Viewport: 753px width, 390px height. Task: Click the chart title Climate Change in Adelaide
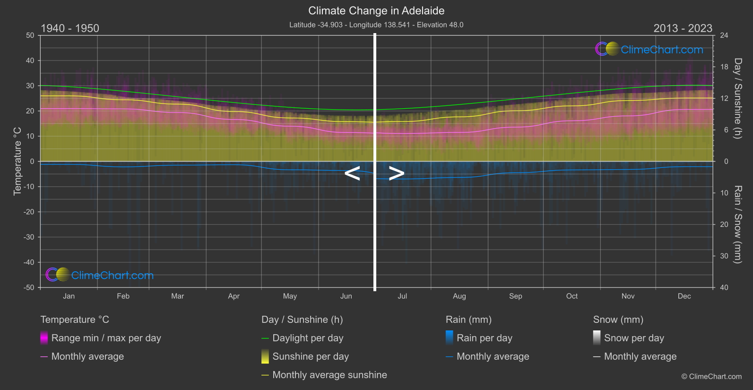pyautogui.click(x=376, y=10)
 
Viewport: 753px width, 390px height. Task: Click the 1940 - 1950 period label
pyautogui.click(x=70, y=28)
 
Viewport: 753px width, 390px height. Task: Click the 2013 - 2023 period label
pyautogui.click(x=683, y=28)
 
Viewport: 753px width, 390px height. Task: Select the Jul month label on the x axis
pyautogui.click(x=402, y=296)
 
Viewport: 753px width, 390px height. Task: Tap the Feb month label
pyautogui.click(x=123, y=296)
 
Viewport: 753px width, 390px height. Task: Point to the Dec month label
pyautogui.click(x=684, y=296)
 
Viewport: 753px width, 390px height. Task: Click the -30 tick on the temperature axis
pyautogui.click(x=29, y=237)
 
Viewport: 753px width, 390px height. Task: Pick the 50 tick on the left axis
pyautogui.click(x=30, y=35)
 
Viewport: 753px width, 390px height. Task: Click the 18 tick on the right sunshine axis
pyautogui.click(x=724, y=67)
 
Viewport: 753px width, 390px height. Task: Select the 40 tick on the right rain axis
pyautogui.click(x=724, y=287)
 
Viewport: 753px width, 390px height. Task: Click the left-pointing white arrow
pyautogui.click(x=352, y=173)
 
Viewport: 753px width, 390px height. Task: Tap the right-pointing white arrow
pyautogui.click(x=397, y=173)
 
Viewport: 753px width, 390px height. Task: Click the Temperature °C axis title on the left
pyautogui.click(x=17, y=161)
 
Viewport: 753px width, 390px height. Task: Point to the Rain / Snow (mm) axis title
pyautogui.click(x=737, y=224)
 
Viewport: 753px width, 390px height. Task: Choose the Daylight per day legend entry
pyautogui.click(x=308, y=338)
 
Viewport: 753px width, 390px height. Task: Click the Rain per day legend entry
pyautogui.click(x=484, y=338)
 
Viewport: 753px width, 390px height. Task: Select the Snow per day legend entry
pyautogui.click(x=633, y=338)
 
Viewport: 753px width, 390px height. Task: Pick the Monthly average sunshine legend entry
pyautogui.click(x=329, y=375)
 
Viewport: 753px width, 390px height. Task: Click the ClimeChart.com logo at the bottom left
pyautogui.click(x=100, y=275)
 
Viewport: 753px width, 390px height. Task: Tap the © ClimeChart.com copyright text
pyautogui.click(x=711, y=377)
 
